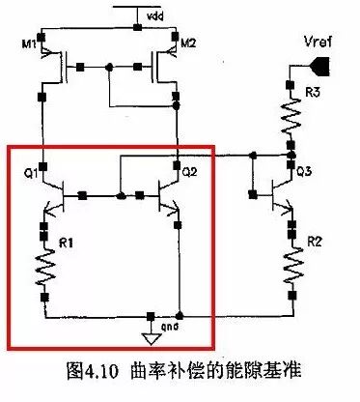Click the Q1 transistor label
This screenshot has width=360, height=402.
[x=30, y=174]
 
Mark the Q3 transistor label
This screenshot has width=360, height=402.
[x=302, y=172]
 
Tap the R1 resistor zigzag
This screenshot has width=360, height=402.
[x=44, y=269]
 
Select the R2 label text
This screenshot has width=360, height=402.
[x=311, y=238]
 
